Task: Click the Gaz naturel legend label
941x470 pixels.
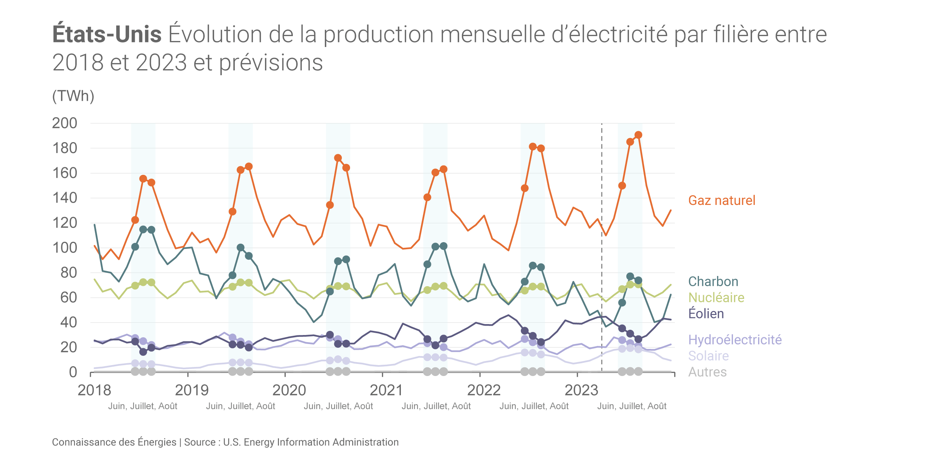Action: click(722, 200)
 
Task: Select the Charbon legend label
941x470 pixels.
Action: click(713, 282)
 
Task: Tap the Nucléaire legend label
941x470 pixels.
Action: click(716, 297)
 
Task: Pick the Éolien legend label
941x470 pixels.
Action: click(706, 314)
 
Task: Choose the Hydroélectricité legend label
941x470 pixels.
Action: click(735, 340)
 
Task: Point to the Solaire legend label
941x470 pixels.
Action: click(708, 356)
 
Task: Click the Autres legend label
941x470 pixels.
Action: click(707, 372)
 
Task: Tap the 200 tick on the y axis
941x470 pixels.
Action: click(64, 123)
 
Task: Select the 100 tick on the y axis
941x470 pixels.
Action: click(64, 248)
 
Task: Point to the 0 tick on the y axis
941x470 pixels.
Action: click(73, 372)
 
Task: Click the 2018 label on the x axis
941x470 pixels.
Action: click(94, 391)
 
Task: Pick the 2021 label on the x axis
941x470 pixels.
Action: click(386, 391)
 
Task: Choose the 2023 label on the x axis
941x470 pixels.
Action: click(581, 391)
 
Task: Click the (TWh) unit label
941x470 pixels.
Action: click(73, 96)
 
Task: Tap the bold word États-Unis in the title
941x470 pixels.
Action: click(107, 34)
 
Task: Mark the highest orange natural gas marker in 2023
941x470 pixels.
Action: click(638, 135)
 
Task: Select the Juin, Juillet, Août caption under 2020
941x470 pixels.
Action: click(338, 406)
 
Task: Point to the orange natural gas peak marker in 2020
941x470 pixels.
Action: click(338, 158)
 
